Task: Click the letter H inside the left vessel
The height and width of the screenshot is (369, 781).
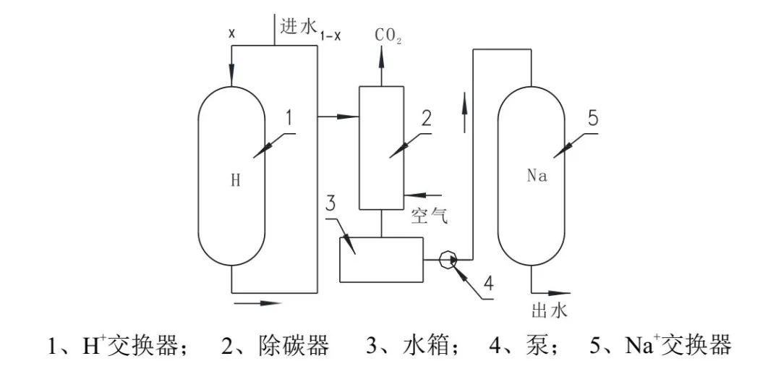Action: (236, 181)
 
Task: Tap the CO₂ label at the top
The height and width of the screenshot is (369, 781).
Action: (388, 35)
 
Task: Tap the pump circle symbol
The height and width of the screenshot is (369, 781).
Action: (448, 259)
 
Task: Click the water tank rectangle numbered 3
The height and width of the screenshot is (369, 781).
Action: (381, 259)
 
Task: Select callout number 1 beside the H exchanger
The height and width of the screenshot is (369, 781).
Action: (288, 118)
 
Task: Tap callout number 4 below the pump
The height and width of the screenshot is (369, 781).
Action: (489, 285)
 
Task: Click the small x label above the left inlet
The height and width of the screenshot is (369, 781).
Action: (231, 33)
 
